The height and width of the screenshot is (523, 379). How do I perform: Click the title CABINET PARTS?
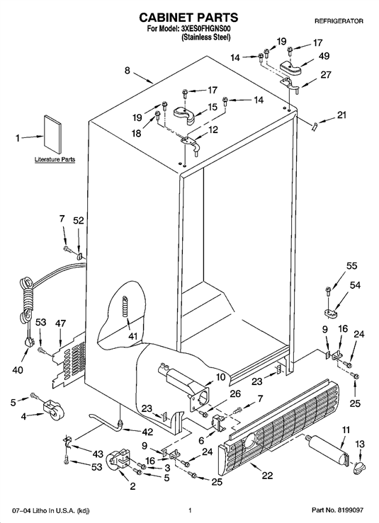click(188, 17)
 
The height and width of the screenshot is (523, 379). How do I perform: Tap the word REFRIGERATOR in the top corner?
click(339, 21)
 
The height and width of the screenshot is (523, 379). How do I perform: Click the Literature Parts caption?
click(55, 159)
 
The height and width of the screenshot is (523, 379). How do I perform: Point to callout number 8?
click(128, 71)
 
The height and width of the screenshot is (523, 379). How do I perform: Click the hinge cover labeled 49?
click(290, 67)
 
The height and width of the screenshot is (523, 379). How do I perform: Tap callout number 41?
click(133, 336)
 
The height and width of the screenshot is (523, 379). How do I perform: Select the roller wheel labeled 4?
click(52, 409)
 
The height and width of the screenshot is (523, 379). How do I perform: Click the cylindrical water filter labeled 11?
click(328, 449)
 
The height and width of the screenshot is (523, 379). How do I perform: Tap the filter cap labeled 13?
click(358, 469)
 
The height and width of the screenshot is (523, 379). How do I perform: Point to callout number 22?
click(268, 475)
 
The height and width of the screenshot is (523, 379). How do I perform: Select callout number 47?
click(60, 323)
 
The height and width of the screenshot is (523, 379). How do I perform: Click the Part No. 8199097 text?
click(337, 510)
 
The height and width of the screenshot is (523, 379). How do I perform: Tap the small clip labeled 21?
click(315, 127)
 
